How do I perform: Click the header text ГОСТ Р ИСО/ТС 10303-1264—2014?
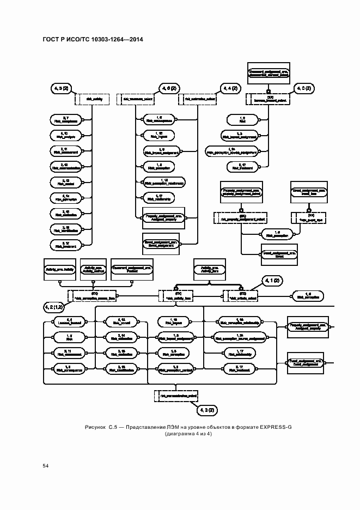point(89,40)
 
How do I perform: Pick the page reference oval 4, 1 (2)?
point(271,281)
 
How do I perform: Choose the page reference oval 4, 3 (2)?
point(208,409)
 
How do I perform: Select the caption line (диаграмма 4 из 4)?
point(188,434)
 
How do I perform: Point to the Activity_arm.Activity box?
point(58,270)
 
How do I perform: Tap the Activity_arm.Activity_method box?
point(94,270)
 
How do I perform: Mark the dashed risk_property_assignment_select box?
point(241,218)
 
